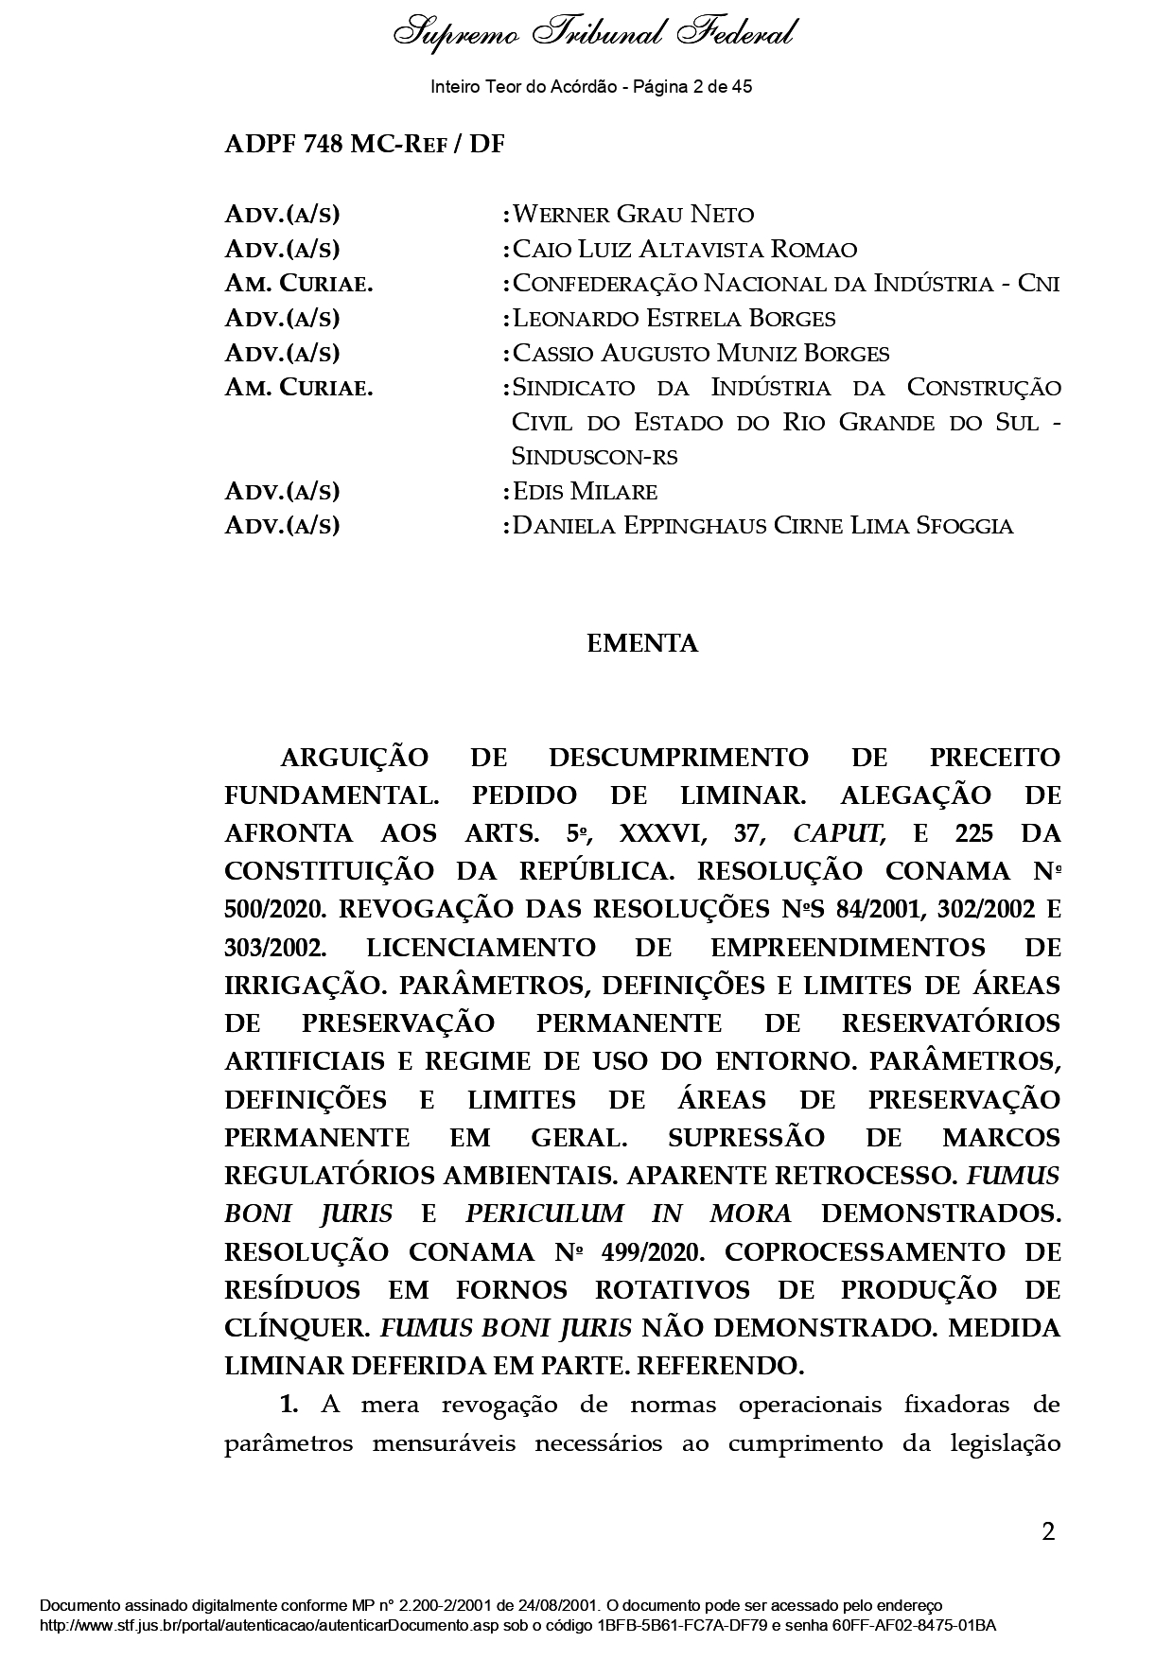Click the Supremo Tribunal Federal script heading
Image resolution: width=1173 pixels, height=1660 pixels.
click(x=593, y=35)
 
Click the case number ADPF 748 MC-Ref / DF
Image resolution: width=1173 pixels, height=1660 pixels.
click(x=364, y=145)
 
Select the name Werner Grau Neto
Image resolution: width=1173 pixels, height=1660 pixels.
click(x=633, y=215)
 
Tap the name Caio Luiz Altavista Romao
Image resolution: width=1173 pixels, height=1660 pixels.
click(x=684, y=250)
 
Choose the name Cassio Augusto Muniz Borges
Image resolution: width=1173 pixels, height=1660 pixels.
click(x=700, y=354)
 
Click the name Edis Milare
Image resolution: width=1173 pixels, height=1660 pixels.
click(x=584, y=492)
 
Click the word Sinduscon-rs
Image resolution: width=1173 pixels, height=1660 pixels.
click(x=594, y=457)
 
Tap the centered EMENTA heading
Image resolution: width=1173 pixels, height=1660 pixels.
click(x=642, y=644)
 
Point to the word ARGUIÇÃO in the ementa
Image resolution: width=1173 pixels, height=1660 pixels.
click(x=354, y=759)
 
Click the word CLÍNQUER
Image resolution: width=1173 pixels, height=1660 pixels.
click(x=295, y=1329)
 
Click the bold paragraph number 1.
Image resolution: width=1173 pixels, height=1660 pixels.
click(x=289, y=1406)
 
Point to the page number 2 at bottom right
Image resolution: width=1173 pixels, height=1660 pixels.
click(x=1047, y=1532)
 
